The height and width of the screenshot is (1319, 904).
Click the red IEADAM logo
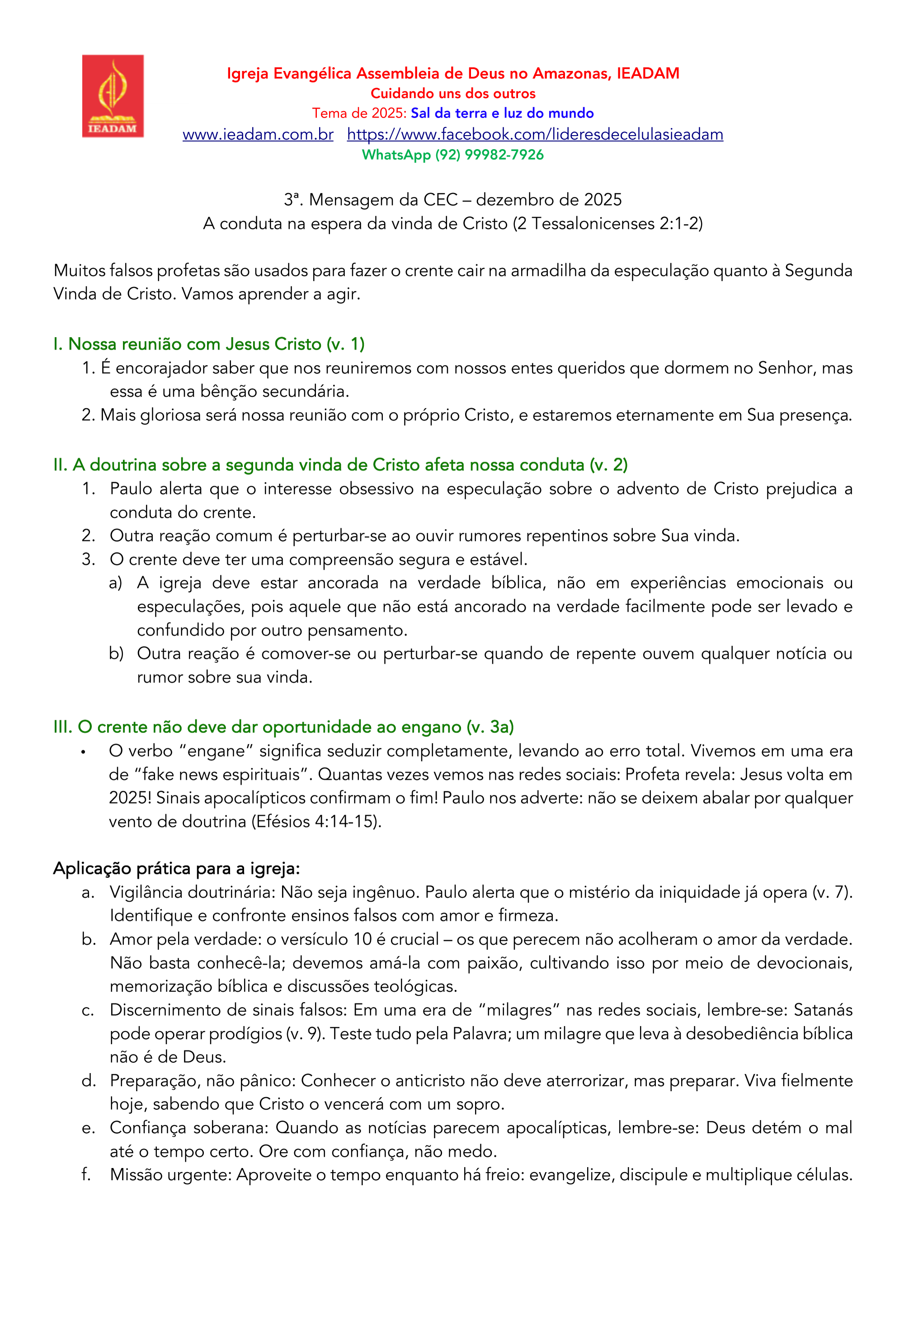[x=113, y=96]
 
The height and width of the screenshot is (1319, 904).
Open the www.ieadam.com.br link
[x=258, y=135]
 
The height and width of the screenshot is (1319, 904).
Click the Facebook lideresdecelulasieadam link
[x=535, y=135]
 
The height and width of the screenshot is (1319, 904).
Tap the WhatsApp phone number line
[x=452, y=155]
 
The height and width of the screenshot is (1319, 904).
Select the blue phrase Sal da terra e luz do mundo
[x=502, y=113]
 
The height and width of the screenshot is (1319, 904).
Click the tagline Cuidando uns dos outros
[x=452, y=94]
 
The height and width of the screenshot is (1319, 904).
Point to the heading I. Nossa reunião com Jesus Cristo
[x=208, y=344]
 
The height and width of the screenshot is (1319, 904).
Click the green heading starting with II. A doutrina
[x=340, y=465]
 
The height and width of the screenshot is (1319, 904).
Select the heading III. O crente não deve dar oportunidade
[x=283, y=728]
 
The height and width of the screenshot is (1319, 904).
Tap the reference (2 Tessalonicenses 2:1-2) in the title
[x=607, y=224]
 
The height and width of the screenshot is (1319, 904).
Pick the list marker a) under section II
[x=115, y=583]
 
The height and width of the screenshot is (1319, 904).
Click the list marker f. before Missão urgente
[x=86, y=1175]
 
